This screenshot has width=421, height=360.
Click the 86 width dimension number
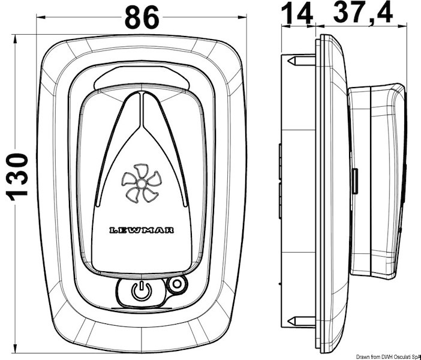142,18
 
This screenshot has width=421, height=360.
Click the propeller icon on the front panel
141,185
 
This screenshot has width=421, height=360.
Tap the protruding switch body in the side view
375,180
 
